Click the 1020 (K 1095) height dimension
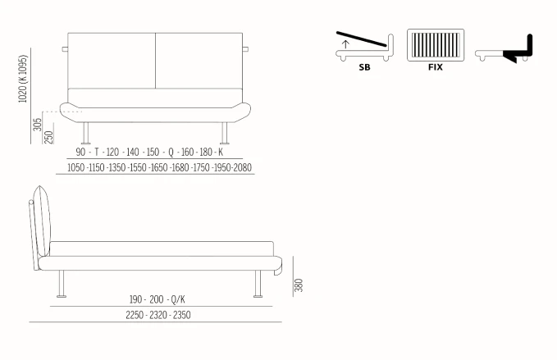point(23,79)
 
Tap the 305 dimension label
point(38,125)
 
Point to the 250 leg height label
point(49,138)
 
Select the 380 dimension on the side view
point(299,285)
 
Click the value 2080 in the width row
point(242,167)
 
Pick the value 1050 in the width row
point(76,167)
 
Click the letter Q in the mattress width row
point(171,153)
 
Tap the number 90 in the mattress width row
point(80,152)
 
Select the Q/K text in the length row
point(178,299)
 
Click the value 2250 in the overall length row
point(135,315)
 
